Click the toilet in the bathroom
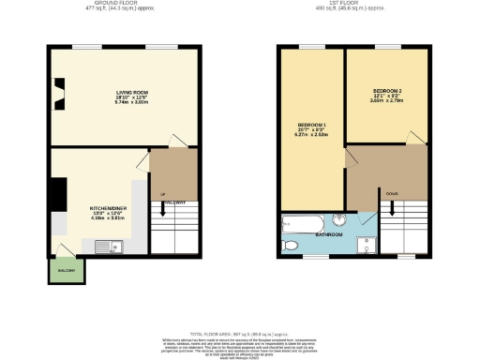[292, 246]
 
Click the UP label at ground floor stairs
[163, 194]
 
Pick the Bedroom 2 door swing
[412, 138]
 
